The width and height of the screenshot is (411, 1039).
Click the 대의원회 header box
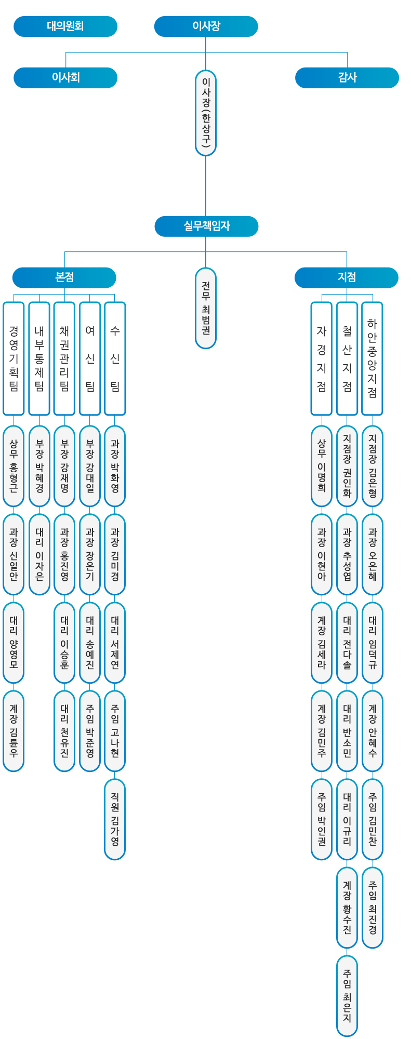[x=65, y=26]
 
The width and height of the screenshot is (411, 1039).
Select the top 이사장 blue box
[x=206, y=26]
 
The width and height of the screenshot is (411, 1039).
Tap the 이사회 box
[x=65, y=78]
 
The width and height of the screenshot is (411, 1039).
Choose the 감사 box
[x=347, y=78]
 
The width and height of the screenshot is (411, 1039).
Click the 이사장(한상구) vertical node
[x=206, y=113]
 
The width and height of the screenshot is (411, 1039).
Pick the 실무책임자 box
[x=206, y=227]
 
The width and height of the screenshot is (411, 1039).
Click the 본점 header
[x=64, y=277]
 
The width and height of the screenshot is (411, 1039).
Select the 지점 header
[x=346, y=277]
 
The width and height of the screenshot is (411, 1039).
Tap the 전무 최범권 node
[x=206, y=308]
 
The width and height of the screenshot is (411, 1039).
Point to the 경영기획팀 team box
[x=14, y=358]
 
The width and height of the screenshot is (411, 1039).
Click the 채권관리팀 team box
[x=64, y=358]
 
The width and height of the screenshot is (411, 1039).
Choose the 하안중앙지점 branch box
[x=372, y=358]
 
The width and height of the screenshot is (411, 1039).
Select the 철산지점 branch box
[x=347, y=358]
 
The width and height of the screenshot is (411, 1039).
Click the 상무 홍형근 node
[x=14, y=466]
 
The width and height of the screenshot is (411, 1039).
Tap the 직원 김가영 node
[x=115, y=819]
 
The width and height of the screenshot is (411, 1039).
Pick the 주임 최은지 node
[x=347, y=996]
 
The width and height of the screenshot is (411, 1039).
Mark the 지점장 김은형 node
[x=372, y=466]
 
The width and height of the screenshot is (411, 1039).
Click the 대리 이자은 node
[x=39, y=554]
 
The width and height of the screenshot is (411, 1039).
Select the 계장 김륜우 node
[x=14, y=731]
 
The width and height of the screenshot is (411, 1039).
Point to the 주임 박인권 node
[x=322, y=819]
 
